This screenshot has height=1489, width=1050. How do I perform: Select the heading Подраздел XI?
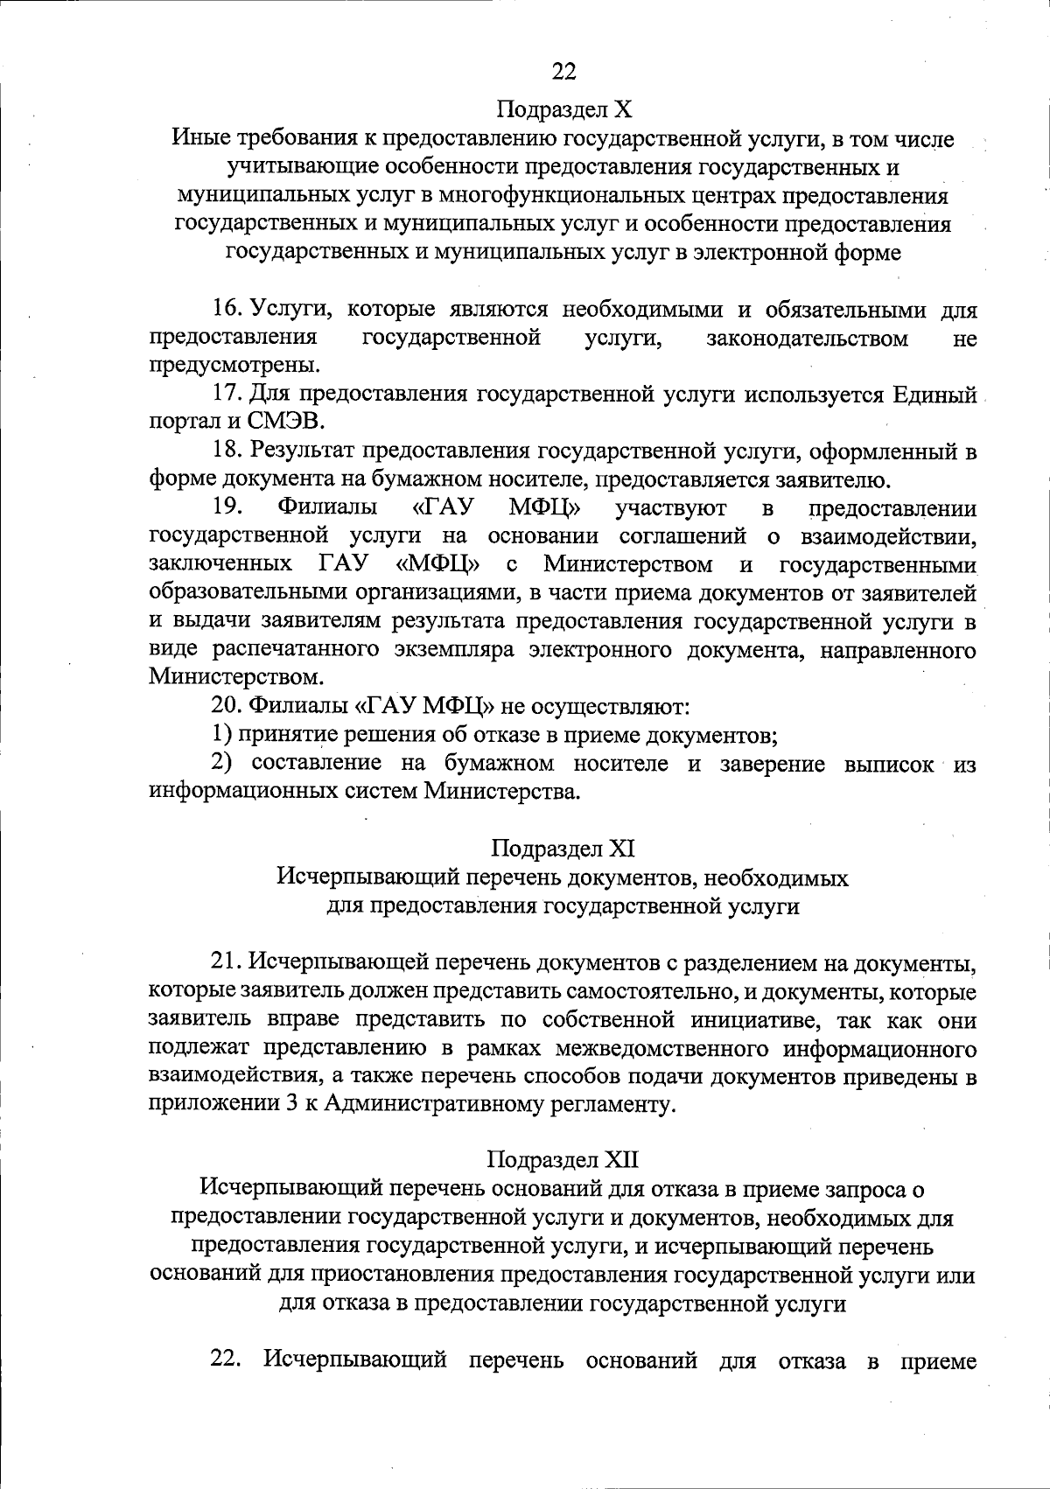563,848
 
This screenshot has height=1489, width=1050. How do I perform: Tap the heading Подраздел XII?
563,1160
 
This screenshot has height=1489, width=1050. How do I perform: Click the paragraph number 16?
226,310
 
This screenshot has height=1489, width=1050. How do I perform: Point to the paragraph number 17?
226,395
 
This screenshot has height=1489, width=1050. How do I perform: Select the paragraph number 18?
226,451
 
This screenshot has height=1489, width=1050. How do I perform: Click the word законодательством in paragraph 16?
806,338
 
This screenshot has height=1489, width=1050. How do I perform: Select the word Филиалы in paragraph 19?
328,507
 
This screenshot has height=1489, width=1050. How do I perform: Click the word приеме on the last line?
938,1360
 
